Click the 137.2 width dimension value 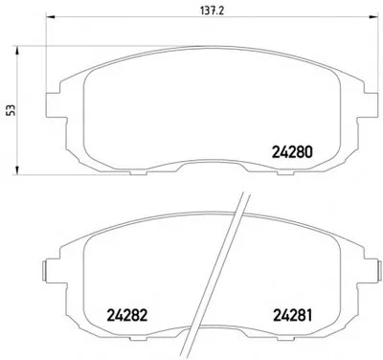pos(213,11)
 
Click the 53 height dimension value pos(11,110)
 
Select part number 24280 pos(292,152)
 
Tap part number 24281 pos(292,315)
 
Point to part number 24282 pos(127,315)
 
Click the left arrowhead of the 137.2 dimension pos(51,16)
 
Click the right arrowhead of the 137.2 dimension pos(373,16)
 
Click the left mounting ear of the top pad pos(53,105)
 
